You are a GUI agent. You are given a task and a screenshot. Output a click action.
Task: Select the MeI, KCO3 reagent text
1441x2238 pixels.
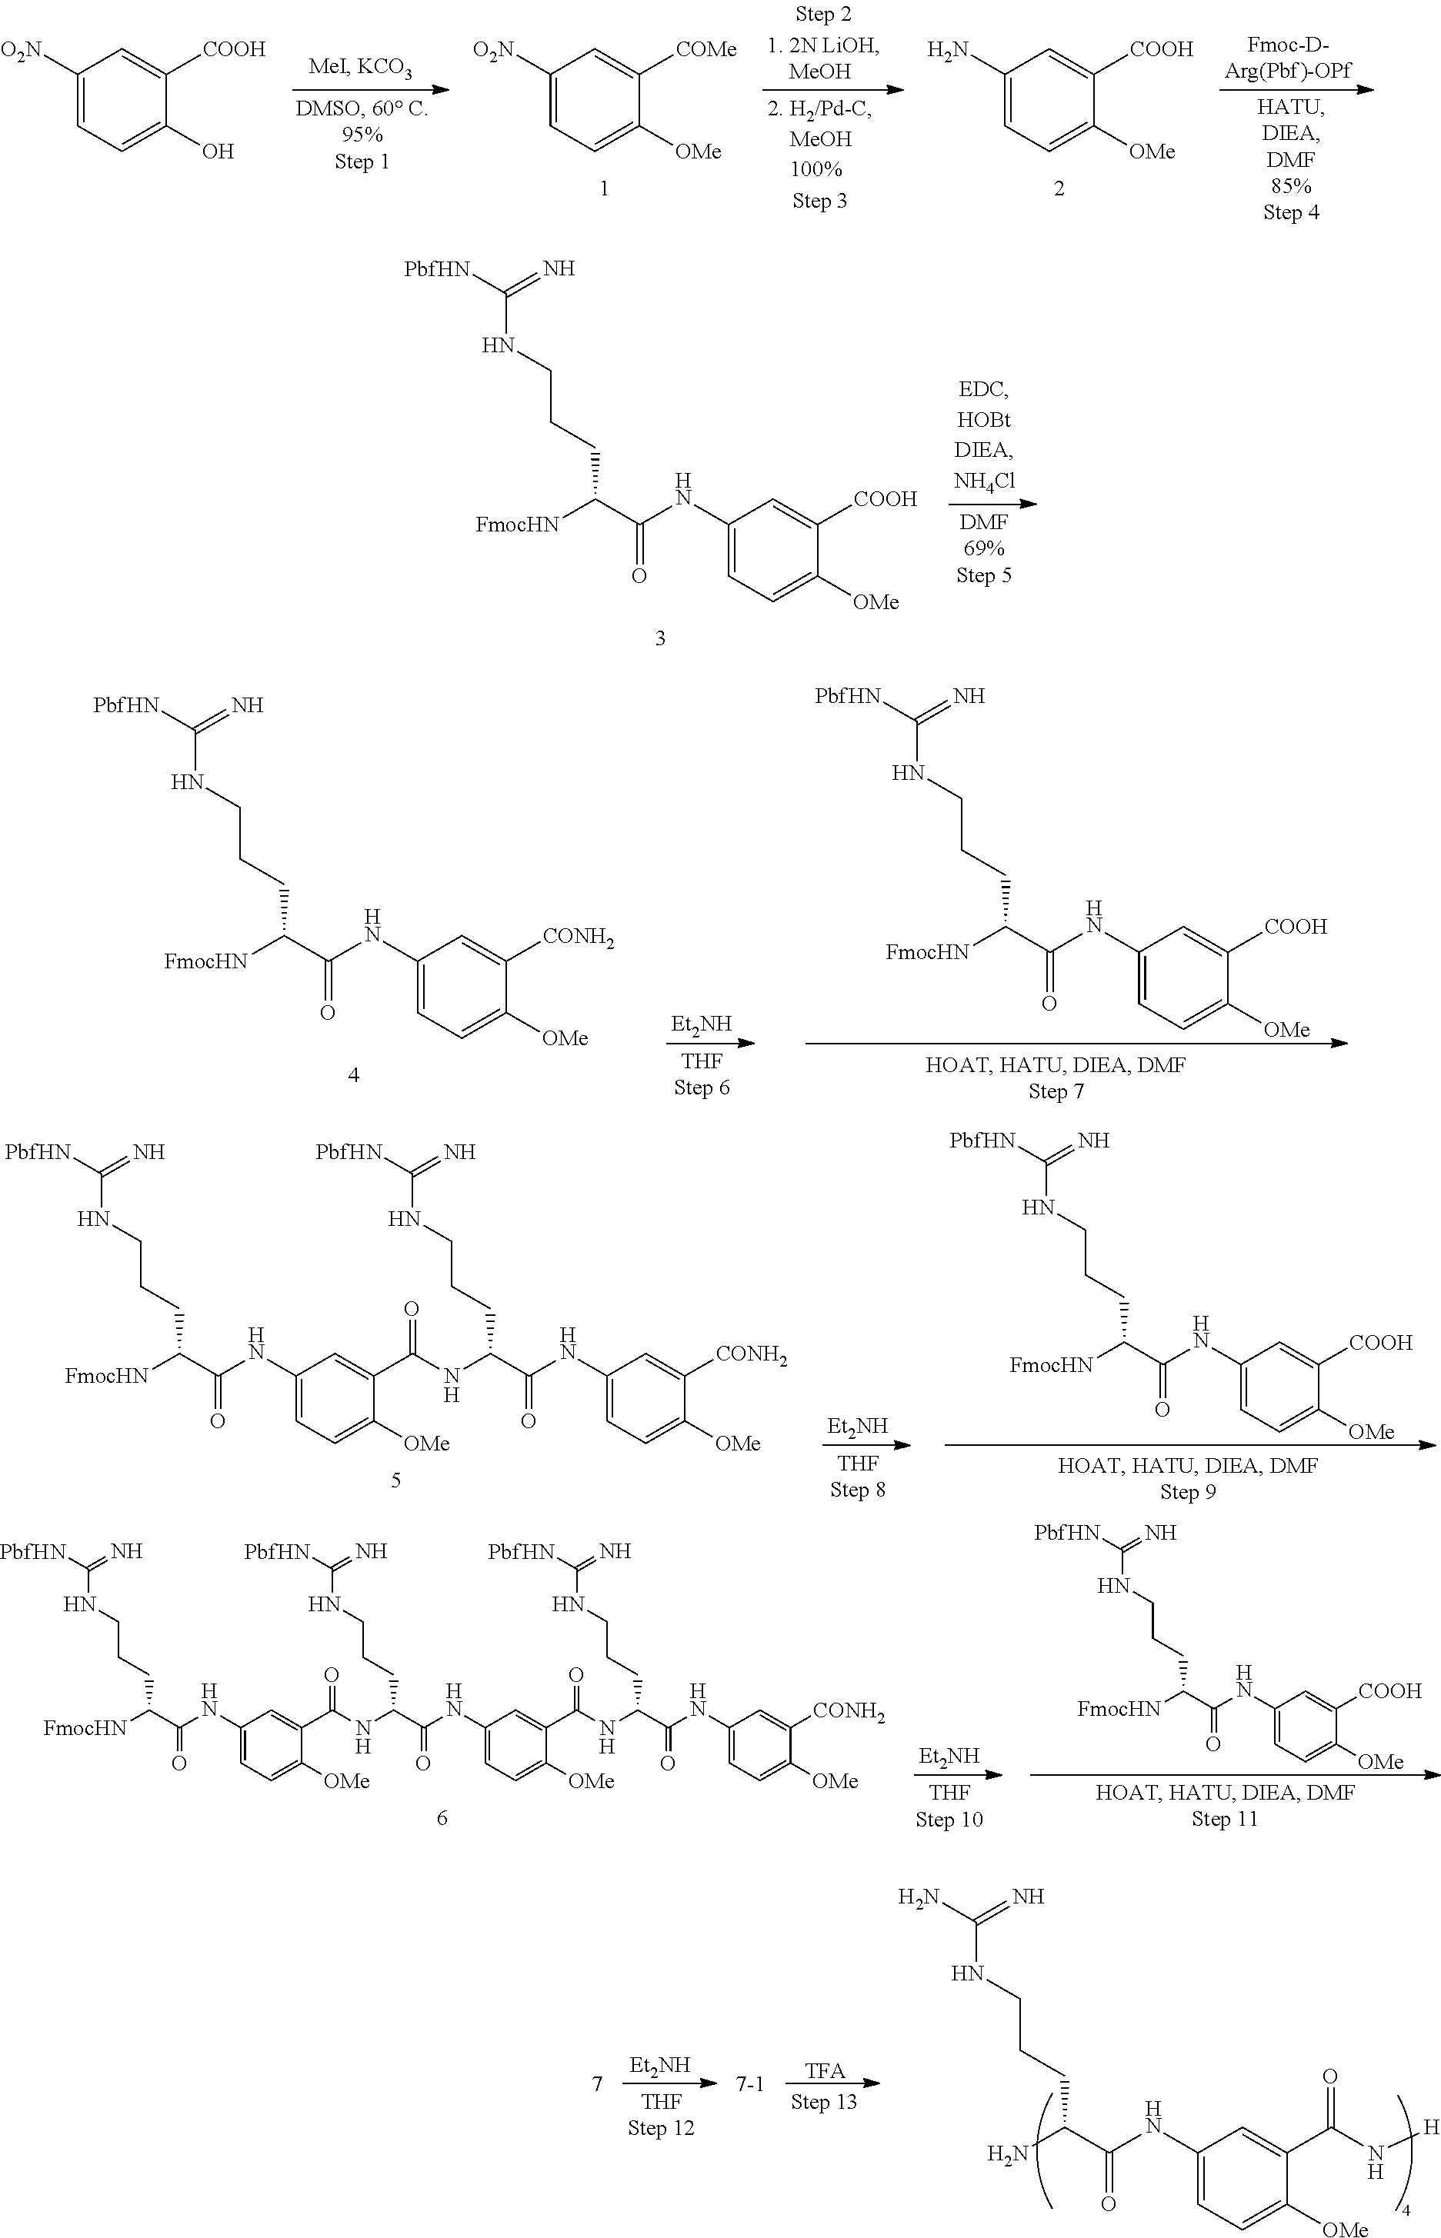[360, 68]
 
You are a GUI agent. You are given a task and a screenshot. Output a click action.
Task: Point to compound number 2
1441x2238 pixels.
[1059, 188]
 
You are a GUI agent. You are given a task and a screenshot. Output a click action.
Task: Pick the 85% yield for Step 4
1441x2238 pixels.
[1290, 185]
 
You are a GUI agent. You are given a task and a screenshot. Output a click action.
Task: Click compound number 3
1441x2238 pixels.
[659, 638]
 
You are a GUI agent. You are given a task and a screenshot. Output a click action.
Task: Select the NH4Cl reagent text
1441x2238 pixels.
[984, 481]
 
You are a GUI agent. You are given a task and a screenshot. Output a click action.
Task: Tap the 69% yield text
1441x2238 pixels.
[983, 548]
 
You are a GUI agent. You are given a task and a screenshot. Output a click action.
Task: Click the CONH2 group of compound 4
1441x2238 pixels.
[579, 937]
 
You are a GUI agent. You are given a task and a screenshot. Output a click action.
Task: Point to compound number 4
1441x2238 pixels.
[353, 1074]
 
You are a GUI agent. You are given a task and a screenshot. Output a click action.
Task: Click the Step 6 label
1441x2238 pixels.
[702, 1087]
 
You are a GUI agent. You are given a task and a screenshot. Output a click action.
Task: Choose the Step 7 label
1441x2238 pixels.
[1056, 1091]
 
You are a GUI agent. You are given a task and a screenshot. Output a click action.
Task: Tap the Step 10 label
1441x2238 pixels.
[949, 1819]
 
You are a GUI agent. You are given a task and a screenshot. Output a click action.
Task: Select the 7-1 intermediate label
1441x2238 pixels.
[750, 2083]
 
